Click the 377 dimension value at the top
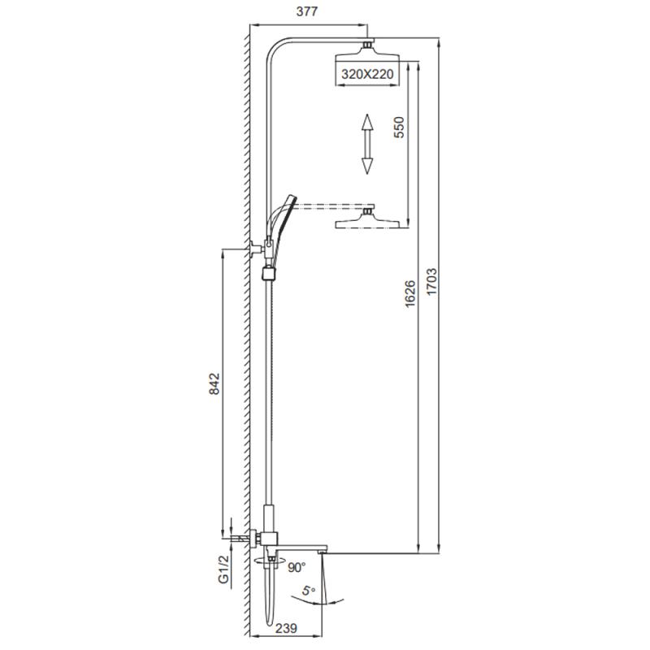tap(306, 11)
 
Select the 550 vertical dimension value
tap(398, 128)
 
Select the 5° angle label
tap(308, 593)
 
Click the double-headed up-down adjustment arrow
tap(366, 144)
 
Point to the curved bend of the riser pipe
tap(276, 50)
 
